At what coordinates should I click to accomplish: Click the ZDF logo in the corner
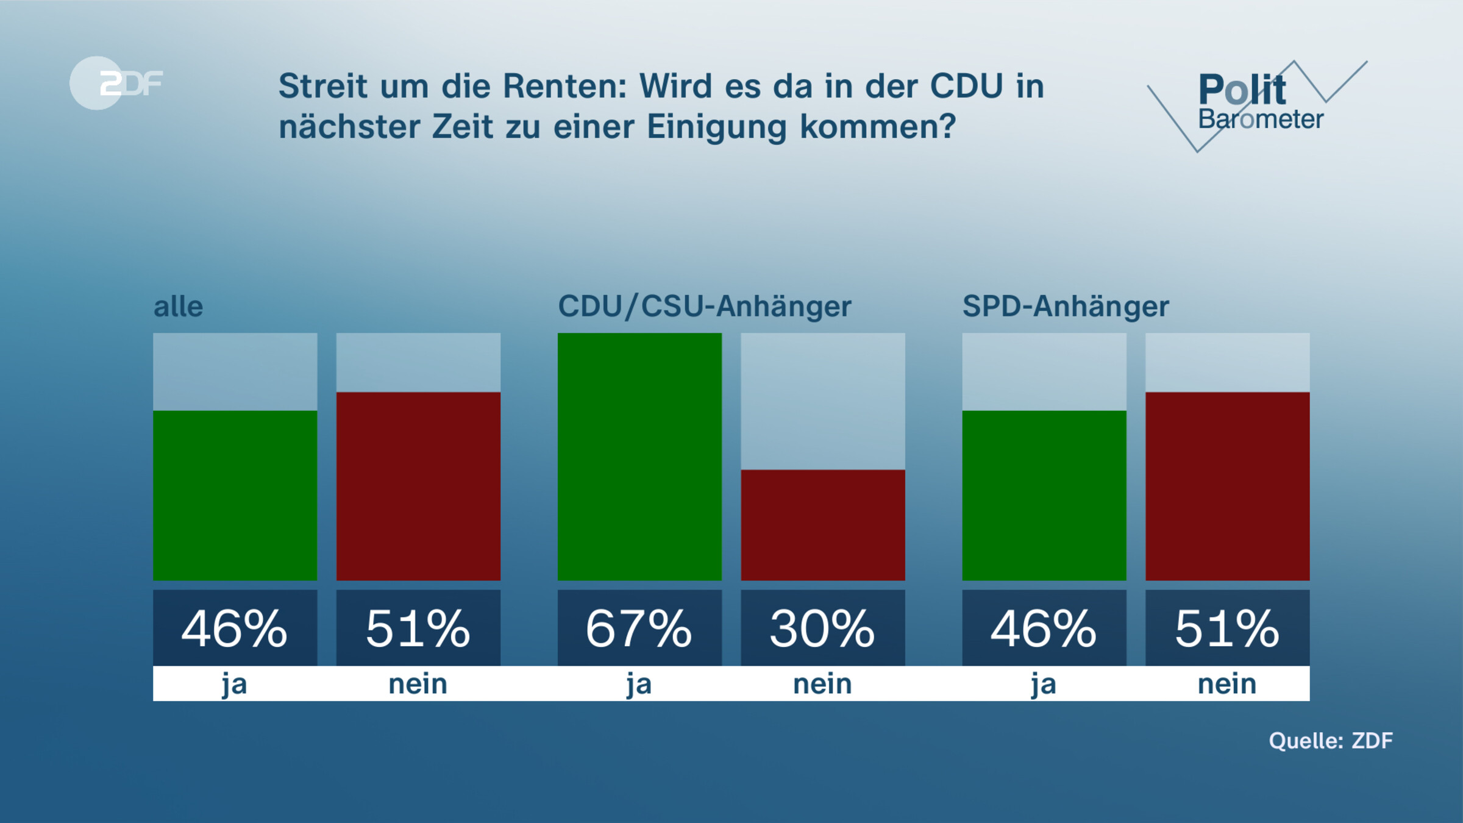pos(116,83)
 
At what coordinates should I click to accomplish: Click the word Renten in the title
pos(564,86)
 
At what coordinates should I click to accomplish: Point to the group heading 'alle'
pos(178,307)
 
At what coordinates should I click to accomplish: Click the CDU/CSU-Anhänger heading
pos(704,306)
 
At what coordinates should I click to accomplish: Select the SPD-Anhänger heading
pos(1066,306)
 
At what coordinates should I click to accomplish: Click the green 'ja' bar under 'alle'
pos(235,495)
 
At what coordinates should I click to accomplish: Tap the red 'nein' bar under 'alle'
pos(418,486)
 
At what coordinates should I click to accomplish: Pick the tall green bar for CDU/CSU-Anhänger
pos(639,456)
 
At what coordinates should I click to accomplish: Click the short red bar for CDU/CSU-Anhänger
pos(822,525)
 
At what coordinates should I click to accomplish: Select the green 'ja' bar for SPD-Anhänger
pos(1044,495)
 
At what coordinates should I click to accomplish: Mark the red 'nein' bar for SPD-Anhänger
pos(1227,486)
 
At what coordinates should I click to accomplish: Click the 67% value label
pos(639,629)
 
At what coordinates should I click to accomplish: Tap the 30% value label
pos(822,629)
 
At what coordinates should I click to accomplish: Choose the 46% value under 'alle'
pos(235,629)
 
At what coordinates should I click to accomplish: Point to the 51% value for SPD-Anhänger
pos(1227,629)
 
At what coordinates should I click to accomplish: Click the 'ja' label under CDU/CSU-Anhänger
pos(639,684)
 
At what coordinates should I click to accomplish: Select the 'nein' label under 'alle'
pos(418,684)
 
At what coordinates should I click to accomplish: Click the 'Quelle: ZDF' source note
pos(1331,741)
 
